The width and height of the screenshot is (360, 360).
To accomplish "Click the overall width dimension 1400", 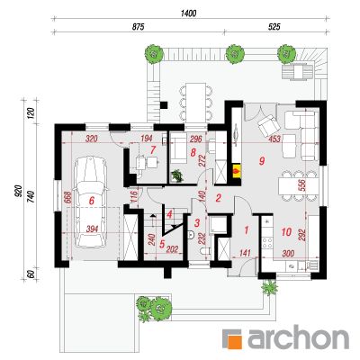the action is [x=188, y=13].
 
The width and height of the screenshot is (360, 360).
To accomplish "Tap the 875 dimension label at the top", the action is [x=139, y=27].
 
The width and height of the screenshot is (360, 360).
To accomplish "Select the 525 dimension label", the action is [x=274, y=27].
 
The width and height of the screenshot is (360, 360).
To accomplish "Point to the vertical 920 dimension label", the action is [x=18, y=192].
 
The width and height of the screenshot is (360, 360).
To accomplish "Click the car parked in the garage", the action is [x=90, y=202].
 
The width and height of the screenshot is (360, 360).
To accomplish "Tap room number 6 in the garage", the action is [x=92, y=201].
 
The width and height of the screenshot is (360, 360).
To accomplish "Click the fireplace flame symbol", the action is [x=237, y=171].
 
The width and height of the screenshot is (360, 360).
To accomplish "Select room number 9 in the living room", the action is [x=262, y=161].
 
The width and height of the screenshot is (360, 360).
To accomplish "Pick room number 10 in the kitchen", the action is [x=286, y=231].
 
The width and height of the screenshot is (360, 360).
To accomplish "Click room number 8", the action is [x=193, y=152].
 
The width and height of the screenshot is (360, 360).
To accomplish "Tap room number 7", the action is [x=153, y=148].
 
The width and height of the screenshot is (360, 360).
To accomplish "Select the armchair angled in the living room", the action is [x=268, y=126].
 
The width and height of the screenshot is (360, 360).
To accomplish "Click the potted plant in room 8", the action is [x=177, y=175].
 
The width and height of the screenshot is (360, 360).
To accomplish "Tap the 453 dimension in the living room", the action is [x=274, y=139].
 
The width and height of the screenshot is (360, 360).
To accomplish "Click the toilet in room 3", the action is [x=203, y=251].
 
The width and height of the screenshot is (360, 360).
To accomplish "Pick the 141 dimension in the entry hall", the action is [x=245, y=254].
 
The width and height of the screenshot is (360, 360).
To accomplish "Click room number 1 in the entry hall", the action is [x=247, y=230].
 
